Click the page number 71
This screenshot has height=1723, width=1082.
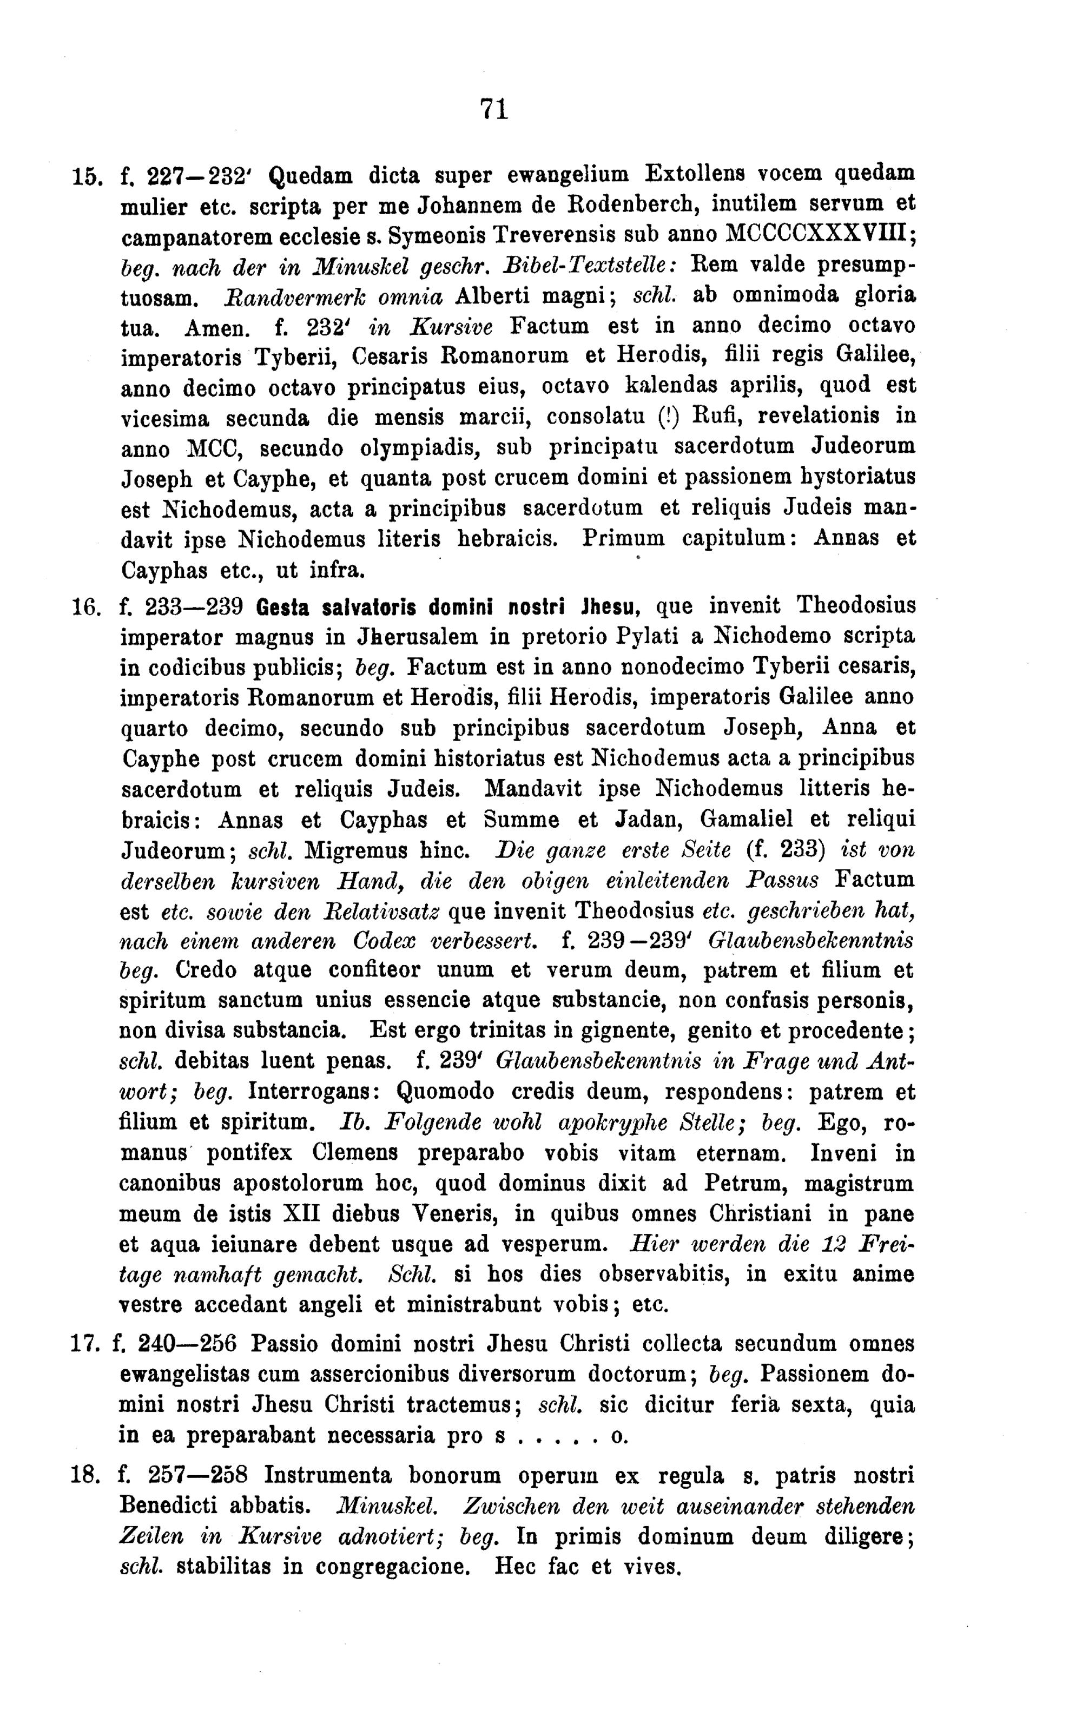point(494,109)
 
